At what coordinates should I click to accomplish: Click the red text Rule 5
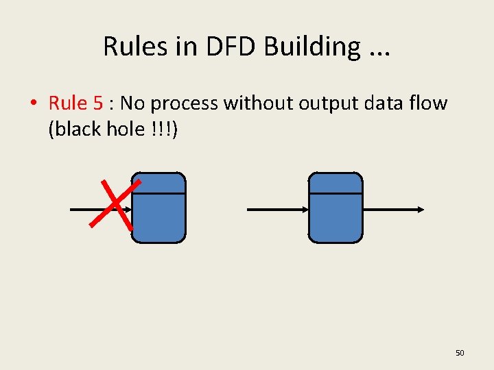(75, 103)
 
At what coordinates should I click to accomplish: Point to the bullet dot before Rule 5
(32, 104)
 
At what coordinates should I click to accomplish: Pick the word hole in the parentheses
(122, 128)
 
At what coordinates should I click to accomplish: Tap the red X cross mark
(115, 203)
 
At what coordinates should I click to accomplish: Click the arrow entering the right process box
(277, 209)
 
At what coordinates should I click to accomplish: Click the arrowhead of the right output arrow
(420, 209)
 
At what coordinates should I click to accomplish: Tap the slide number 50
(460, 353)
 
